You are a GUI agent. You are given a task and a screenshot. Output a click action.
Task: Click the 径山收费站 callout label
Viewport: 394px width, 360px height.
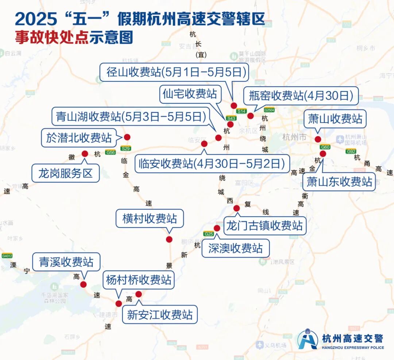pyautogui.click(x=174, y=72)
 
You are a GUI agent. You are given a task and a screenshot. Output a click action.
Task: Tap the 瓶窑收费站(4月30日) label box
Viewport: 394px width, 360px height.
pyautogui.click(x=301, y=96)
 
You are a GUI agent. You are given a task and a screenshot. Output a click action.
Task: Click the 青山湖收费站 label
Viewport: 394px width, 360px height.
pyautogui.click(x=128, y=117)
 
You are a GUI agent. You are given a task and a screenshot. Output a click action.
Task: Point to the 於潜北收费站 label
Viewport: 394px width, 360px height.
pyautogui.click(x=79, y=138)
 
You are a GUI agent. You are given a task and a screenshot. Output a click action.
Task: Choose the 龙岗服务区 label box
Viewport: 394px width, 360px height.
pyautogui.click(x=66, y=173)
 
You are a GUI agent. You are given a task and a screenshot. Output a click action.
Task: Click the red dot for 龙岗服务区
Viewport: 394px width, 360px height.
pyautogui.click(x=85, y=154)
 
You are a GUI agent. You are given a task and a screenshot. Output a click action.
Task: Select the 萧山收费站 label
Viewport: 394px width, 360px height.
pyautogui.click(x=335, y=119)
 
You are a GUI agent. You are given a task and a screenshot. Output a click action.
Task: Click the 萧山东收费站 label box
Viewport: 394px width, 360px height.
pyautogui.click(x=339, y=181)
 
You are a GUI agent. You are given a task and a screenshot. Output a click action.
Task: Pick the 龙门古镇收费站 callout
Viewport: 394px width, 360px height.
pyautogui.click(x=264, y=225)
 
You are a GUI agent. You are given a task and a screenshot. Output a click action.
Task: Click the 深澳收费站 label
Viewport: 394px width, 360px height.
pyautogui.click(x=235, y=249)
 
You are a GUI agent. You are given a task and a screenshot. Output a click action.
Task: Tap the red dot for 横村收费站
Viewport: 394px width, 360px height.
pyautogui.click(x=169, y=239)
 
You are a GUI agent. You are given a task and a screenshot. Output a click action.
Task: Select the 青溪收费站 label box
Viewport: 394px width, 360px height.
pyautogui.click(x=66, y=262)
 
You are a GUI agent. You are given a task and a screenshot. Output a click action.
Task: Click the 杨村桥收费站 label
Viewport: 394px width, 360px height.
pyautogui.click(x=139, y=280)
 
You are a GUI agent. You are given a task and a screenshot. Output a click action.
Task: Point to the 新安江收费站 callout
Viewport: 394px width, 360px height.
pyautogui.click(x=159, y=315)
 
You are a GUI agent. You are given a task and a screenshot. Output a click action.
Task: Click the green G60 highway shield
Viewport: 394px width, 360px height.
pyautogui.click(x=325, y=147)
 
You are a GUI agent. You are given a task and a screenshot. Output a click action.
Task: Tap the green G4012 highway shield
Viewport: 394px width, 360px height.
pyautogui.click(x=7, y=256)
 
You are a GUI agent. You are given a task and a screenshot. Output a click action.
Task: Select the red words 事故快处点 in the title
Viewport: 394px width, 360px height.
pyautogui.click(x=52, y=38)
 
